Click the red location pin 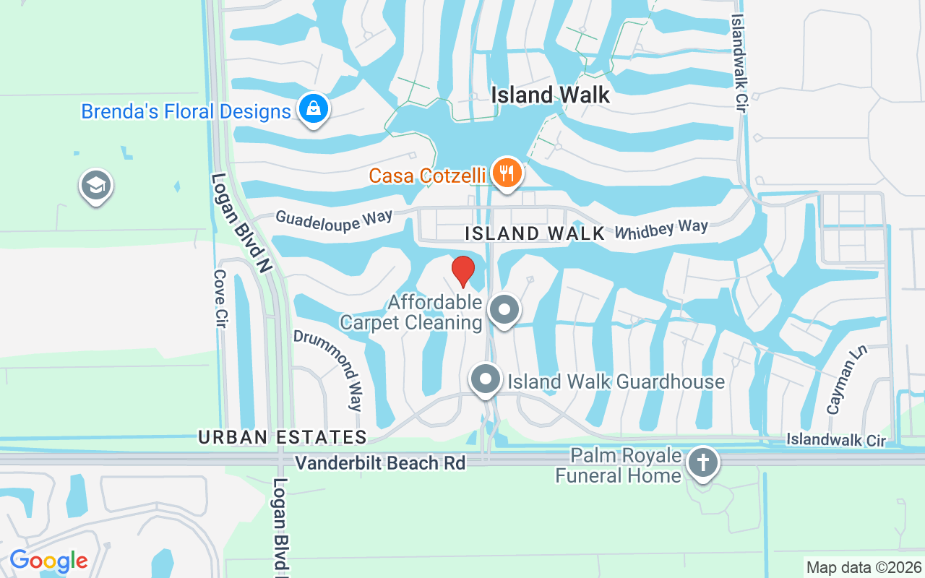click(x=462, y=271)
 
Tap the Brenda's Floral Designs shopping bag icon click(x=313, y=110)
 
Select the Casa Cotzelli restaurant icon click(x=507, y=174)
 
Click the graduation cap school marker click(x=95, y=186)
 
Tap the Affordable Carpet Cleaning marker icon click(x=504, y=310)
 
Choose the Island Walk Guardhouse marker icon click(x=486, y=379)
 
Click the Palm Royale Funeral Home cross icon click(x=703, y=462)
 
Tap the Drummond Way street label click(x=348, y=371)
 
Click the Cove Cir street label click(x=221, y=299)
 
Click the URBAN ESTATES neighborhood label click(x=283, y=437)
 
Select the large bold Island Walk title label click(x=551, y=95)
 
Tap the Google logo click(x=48, y=561)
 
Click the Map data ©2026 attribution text click(x=864, y=567)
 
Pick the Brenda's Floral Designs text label click(x=186, y=111)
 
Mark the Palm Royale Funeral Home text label click(x=619, y=465)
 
